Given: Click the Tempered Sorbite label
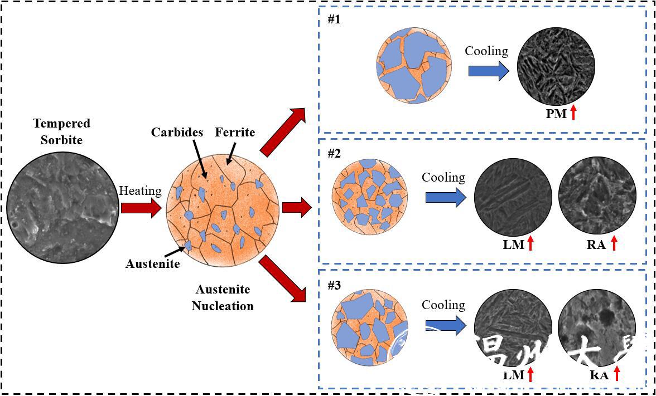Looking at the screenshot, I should [x=61, y=131].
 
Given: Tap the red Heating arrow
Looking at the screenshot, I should [x=141, y=208].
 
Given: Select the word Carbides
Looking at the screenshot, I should [x=176, y=133].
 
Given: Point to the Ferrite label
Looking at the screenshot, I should [x=235, y=133].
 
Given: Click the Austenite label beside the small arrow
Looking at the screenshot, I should [x=152, y=263].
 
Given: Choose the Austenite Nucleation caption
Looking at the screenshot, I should [x=223, y=297].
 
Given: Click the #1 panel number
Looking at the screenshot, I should [x=334, y=19].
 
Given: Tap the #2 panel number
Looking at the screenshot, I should [x=334, y=154].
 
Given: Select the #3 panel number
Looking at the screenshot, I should [x=334, y=285].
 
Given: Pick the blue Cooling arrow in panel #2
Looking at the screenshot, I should [x=445, y=197].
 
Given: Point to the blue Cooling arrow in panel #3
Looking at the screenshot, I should [x=445, y=325].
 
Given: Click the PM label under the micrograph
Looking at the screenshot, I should [x=556, y=114].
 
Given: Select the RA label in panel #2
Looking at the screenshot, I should [x=596, y=244].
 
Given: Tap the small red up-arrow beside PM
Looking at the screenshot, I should [x=573, y=113].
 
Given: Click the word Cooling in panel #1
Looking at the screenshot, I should [x=486, y=51].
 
